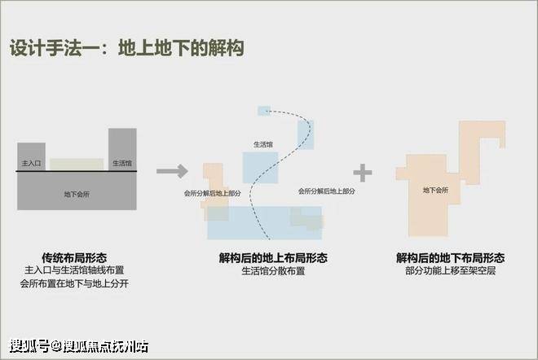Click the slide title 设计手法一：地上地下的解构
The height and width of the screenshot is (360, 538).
point(126,48)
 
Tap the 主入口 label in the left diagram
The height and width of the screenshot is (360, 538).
point(31,163)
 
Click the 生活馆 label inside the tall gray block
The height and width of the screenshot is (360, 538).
point(122,163)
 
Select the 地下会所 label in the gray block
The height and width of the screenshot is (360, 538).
point(77,194)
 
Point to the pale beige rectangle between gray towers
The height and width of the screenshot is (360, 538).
point(77,165)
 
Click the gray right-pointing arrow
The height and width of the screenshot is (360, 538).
point(172,171)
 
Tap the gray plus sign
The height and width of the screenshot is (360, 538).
point(363,173)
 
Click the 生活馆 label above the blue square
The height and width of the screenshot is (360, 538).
point(263,145)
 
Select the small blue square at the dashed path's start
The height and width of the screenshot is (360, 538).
point(264,111)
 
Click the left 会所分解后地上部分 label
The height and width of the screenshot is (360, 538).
point(213,193)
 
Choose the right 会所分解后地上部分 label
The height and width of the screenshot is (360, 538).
point(326,191)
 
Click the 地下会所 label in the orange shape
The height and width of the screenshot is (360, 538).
point(435,190)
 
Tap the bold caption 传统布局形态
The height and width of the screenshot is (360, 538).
point(74,258)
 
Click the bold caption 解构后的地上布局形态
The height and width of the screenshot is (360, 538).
point(273,258)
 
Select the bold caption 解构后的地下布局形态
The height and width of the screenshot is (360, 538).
point(450,258)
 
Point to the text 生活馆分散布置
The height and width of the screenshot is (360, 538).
point(273,271)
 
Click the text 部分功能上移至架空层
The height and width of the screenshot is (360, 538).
point(450,270)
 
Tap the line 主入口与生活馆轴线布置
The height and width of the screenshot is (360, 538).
point(74,270)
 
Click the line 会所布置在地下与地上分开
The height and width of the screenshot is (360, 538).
point(74,283)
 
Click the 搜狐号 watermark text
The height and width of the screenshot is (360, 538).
point(30,346)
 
